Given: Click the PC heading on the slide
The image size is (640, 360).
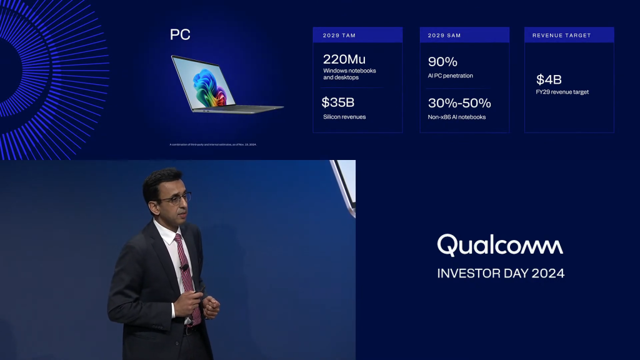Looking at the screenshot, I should pyautogui.click(x=180, y=35).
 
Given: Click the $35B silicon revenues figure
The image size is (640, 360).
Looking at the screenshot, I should pyautogui.click(x=337, y=102).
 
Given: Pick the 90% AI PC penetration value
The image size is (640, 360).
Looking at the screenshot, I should pyautogui.click(x=442, y=62).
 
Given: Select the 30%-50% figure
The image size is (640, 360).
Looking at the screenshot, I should pyautogui.click(x=459, y=103).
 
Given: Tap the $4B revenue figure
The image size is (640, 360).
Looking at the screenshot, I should pyautogui.click(x=549, y=79).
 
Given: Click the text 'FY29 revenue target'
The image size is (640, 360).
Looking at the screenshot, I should pyautogui.click(x=562, y=92).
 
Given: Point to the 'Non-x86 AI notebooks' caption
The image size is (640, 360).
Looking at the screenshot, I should pyautogui.click(x=457, y=117).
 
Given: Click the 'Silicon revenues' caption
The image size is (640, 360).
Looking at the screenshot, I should pyautogui.click(x=344, y=117).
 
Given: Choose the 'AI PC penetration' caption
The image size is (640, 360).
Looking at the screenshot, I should pyautogui.click(x=450, y=76).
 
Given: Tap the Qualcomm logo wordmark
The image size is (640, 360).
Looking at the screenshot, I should pyautogui.click(x=500, y=245).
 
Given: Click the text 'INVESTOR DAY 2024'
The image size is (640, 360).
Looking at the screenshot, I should pyautogui.click(x=500, y=273).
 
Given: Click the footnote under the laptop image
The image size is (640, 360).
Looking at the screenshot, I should pyautogui.click(x=213, y=144).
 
